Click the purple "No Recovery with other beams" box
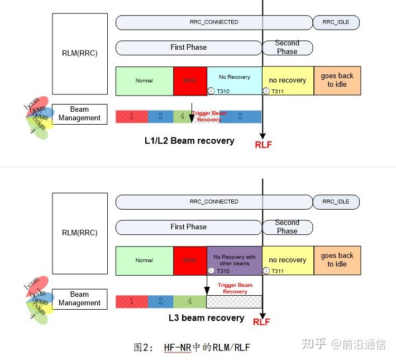click(x=234, y=260)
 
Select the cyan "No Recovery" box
click(x=234, y=80)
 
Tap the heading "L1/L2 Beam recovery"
click(x=189, y=140)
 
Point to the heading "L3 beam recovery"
click(x=207, y=318)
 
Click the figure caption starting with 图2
click(x=192, y=347)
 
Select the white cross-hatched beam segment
click(x=233, y=302)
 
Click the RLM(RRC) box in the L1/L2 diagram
click(x=80, y=54)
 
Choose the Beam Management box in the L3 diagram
click(x=79, y=299)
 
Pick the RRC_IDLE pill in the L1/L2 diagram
click(x=336, y=22)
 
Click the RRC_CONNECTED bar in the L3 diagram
click(x=214, y=202)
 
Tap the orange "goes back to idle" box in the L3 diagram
click(x=337, y=260)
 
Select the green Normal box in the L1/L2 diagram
click(x=144, y=80)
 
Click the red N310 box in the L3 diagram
click(x=190, y=260)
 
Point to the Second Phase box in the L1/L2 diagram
click(x=287, y=48)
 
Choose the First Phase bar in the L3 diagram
click(x=188, y=227)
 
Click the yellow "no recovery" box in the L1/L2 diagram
click(x=287, y=80)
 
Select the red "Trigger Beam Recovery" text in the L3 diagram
click(x=235, y=288)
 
